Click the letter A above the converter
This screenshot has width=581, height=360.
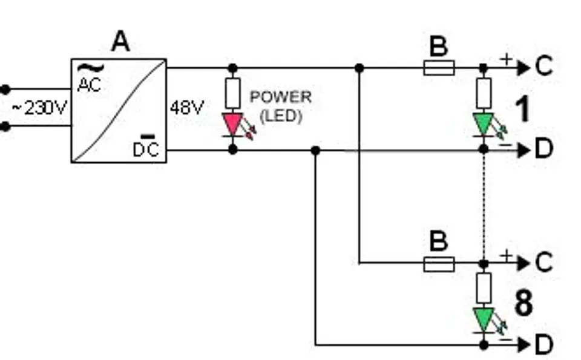pos(120,42)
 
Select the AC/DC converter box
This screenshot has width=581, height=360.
pos(119,111)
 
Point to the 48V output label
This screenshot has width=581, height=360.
pos(186,108)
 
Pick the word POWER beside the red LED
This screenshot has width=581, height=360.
pos(281,97)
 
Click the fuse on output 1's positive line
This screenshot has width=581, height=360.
pos(439,68)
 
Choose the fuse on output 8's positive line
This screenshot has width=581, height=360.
pos(439,263)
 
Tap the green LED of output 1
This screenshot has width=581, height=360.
pos(483,124)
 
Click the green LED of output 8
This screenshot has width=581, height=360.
pos(483,319)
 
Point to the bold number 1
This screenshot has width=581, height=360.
pos(522,110)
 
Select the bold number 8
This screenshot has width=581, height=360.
pos(524,304)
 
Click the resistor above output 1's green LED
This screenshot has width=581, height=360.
pos(483,93)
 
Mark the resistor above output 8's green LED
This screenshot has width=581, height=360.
pos(483,288)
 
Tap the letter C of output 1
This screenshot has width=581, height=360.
pos(544,67)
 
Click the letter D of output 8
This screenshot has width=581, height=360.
pos(544,345)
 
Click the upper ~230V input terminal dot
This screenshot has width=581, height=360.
pos(5,90)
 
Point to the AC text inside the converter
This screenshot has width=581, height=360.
pos(89,85)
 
